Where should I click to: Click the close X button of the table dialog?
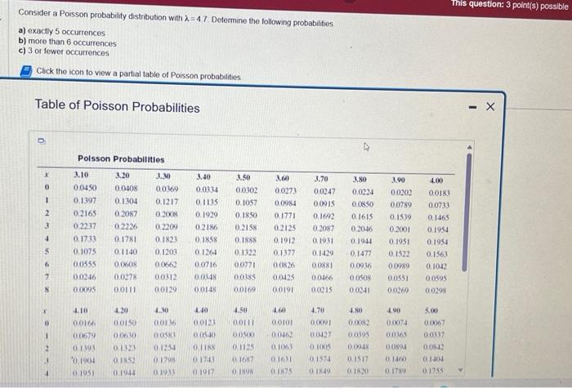click(x=490, y=107)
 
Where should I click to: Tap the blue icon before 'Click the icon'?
click(x=26, y=72)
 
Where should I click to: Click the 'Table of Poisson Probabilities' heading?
click(x=117, y=108)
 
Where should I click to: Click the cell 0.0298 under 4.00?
click(x=438, y=292)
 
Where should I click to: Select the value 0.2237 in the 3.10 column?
click(x=85, y=226)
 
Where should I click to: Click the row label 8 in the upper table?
click(x=51, y=288)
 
